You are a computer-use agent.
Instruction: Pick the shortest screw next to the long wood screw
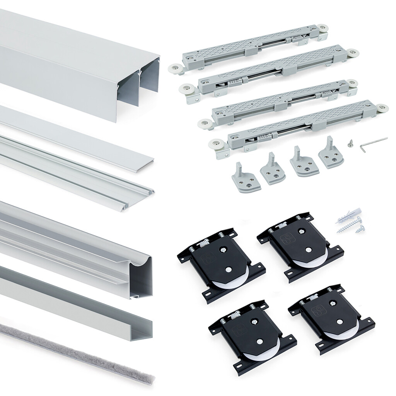[360, 229]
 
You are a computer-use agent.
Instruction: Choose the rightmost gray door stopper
[331, 155]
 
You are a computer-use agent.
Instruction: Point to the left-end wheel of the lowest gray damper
[213, 145]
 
